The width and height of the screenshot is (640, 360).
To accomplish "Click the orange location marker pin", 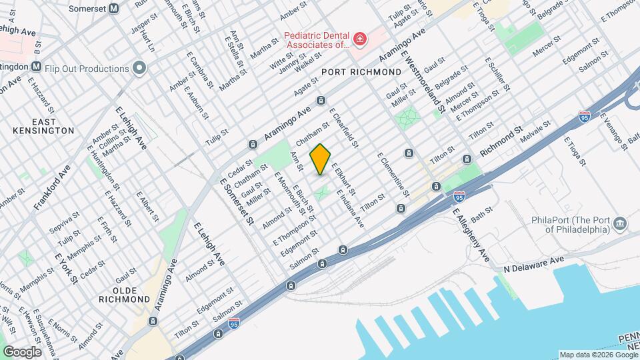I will pyautogui.click(x=321, y=159).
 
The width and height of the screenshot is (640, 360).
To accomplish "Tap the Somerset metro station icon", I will pyautogui.click(x=114, y=8).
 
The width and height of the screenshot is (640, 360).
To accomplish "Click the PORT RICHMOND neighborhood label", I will pyautogui.click(x=361, y=71).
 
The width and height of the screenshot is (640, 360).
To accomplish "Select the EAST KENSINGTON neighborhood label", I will pyautogui.click(x=53, y=126).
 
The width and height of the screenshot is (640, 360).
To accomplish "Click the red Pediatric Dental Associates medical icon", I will pyautogui.click(x=360, y=40).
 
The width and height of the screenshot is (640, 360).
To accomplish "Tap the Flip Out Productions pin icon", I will pyautogui.click(x=139, y=68).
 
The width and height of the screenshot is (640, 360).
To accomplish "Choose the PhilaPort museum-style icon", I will pyautogui.click(x=620, y=223).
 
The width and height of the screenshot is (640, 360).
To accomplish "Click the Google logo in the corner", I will pyautogui.click(x=22, y=351).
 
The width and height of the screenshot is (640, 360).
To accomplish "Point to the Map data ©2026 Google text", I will pyautogui.click(x=598, y=355).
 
